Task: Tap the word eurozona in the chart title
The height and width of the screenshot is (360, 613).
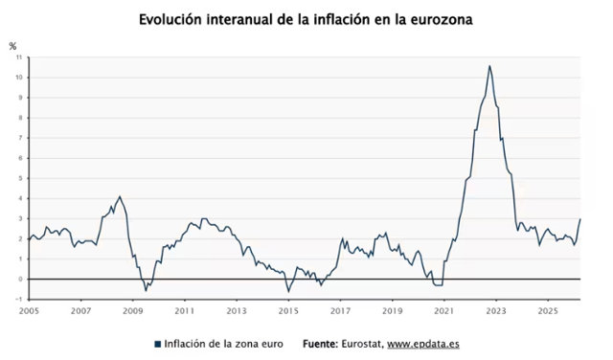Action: [x=442, y=19]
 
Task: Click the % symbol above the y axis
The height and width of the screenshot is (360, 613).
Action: [x=12, y=47]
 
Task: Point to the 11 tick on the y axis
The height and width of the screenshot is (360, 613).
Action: [x=19, y=57]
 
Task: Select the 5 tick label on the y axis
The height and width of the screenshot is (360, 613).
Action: [x=20, y=178]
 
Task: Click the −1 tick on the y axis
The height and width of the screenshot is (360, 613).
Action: [x=19, y=299]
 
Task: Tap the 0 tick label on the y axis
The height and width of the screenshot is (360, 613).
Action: [x=20, y=279]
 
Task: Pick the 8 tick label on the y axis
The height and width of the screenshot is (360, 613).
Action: [x=20, y=118]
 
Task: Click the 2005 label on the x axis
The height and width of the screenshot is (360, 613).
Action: [x=29, y=311]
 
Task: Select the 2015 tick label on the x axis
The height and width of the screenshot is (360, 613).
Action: [x=288, y=311]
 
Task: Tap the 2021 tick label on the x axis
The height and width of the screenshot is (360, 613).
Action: [x=444, y=311]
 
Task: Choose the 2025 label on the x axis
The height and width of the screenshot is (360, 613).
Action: [x=548, y=311]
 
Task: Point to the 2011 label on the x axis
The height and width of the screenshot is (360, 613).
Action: [x=185, y=311]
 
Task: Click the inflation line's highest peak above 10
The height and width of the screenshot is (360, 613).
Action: [x=489, y=66]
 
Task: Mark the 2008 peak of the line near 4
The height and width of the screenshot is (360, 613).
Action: [x=120, y=196]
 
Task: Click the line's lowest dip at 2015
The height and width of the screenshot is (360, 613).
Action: [x=289, y=292]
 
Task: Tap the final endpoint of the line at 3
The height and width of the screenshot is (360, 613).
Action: [x=580, y=219]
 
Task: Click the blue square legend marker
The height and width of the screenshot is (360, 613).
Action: [x=157, y=345]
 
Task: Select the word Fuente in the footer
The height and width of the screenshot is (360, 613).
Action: [x=320, y=344]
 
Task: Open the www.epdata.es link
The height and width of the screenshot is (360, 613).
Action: [x=423, y=345]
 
